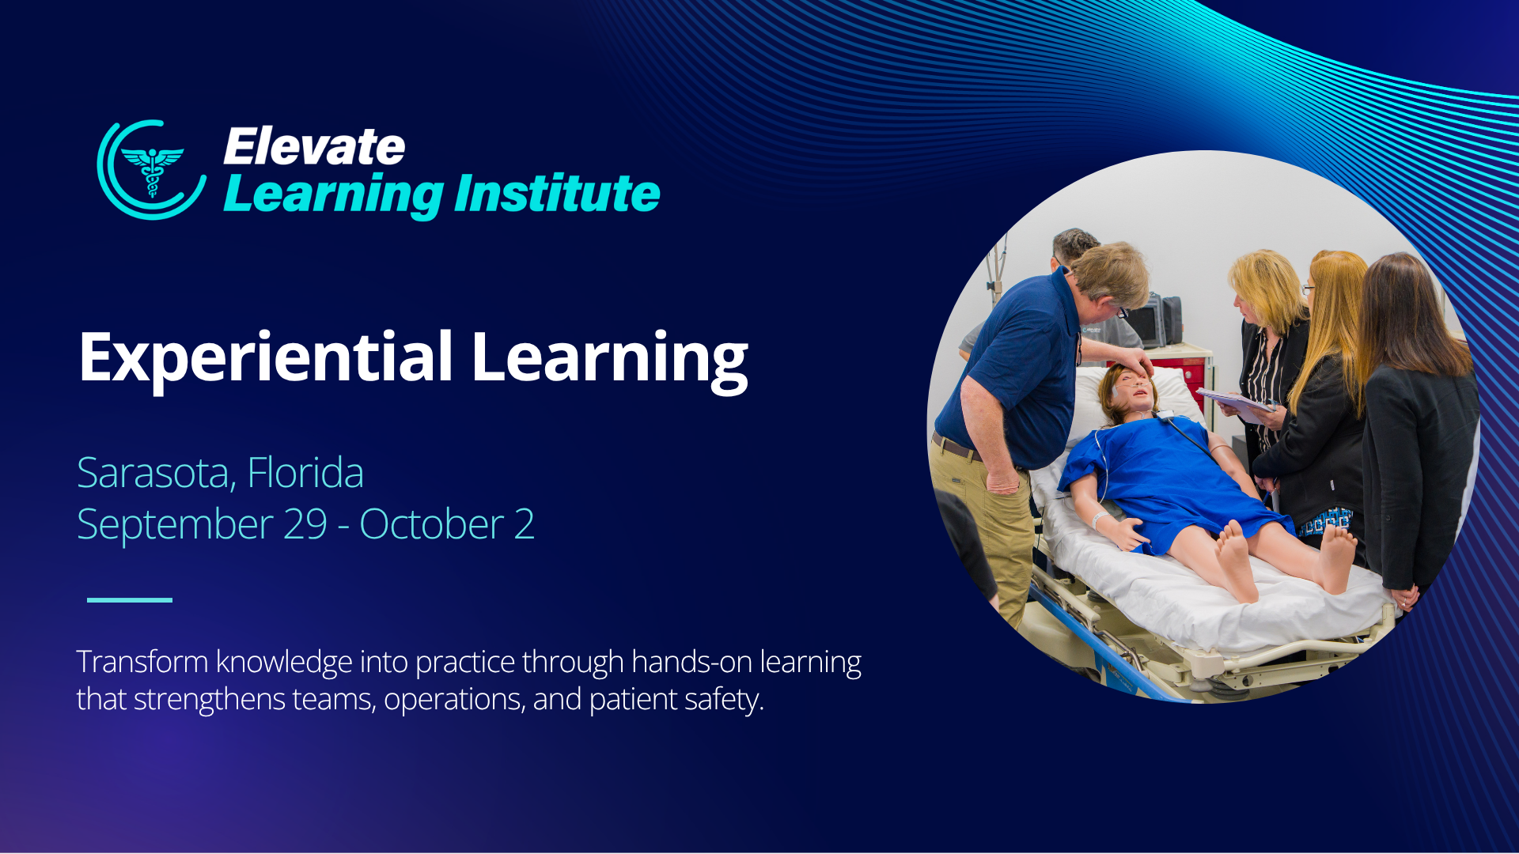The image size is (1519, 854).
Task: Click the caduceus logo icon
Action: [x=152, y=170]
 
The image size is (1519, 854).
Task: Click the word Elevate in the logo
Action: [x=314, y=147]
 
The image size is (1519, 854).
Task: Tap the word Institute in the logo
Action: [x=557, y=194]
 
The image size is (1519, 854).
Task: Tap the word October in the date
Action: [x=432, y=524]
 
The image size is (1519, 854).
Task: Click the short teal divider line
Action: [x=130, y=600]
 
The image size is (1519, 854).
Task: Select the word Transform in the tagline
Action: [x=142, y=662]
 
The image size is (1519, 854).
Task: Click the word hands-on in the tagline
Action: [x=691, y=662]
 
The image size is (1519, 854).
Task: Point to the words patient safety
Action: [x=676, y=700]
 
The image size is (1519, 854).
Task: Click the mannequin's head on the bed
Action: [x=1128, y=392]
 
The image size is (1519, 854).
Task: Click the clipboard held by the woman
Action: [x=1236, y=403]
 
